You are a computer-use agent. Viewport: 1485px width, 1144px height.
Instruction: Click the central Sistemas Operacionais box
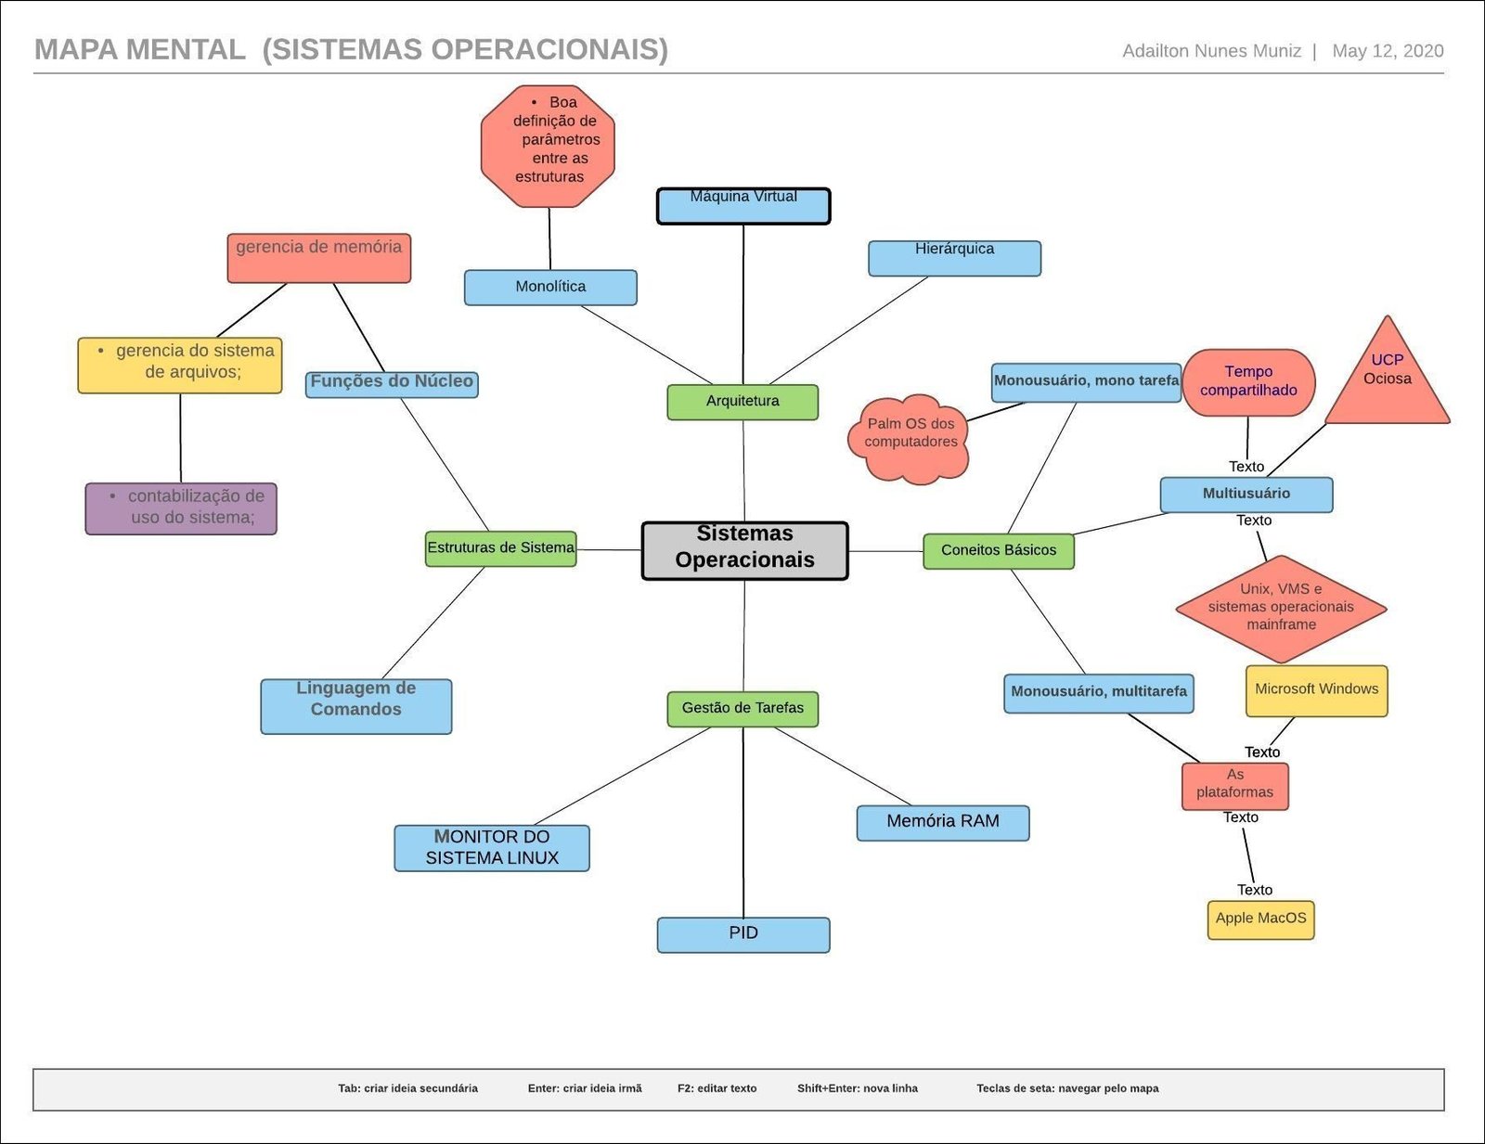744,551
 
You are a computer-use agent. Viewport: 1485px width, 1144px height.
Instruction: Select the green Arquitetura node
742,402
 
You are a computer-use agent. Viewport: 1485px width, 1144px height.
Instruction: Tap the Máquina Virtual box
743,206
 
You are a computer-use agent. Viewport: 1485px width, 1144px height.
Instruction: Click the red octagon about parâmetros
549,146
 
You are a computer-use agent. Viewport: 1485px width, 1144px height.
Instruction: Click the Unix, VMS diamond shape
1281,609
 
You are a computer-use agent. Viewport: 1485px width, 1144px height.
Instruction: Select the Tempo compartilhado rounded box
1248,382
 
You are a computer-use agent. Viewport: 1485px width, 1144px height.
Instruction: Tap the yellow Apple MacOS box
1260,919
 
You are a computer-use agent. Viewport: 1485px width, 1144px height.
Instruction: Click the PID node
743,934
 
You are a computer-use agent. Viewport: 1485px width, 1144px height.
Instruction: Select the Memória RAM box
942,822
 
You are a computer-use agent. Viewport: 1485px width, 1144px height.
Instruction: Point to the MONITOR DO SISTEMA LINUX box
492,848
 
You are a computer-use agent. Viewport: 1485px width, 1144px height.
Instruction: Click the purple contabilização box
181,508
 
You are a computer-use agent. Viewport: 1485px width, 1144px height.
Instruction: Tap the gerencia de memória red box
318,257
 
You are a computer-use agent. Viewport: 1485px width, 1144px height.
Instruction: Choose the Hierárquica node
954,258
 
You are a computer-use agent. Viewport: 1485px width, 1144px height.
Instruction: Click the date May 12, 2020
1388,51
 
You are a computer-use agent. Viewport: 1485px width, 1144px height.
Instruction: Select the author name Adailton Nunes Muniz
1211,51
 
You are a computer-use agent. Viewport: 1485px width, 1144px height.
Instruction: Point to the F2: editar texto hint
717,1088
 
